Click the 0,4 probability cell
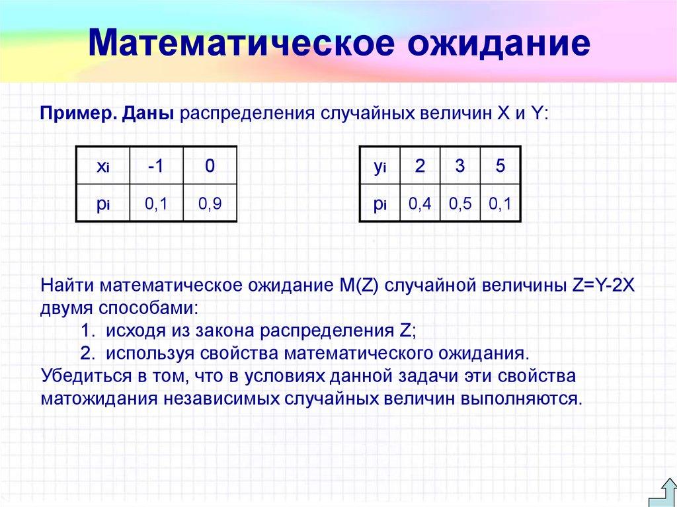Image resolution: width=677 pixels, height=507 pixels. coord(419,205)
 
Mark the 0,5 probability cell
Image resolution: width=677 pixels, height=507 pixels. coord(459,205)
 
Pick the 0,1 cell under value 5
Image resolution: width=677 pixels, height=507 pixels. coord(500,205)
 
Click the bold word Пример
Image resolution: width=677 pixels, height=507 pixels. coord(78,113)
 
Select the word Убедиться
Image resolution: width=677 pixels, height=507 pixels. coord(85,377)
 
